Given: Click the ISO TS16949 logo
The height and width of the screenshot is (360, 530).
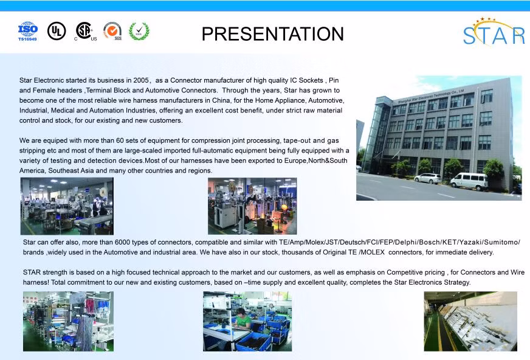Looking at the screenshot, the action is pos(28,32).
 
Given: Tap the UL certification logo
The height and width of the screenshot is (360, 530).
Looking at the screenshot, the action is pos(57,31).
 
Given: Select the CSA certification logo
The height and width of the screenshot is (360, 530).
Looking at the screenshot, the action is pos(84,32).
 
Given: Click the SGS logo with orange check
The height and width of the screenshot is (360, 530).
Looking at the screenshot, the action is pos(112,31).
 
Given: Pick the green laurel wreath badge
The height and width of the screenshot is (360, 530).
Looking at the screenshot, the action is pos(139,31).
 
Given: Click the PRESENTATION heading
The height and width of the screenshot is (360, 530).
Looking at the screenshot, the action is pos(272,34).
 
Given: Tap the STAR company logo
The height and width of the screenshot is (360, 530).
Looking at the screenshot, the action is pos(494,32).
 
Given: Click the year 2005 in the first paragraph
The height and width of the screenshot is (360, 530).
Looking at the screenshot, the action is pos(140,80).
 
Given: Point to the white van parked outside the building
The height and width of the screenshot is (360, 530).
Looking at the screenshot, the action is pos(469,181).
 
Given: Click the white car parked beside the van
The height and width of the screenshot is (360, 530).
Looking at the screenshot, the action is pos(427,178).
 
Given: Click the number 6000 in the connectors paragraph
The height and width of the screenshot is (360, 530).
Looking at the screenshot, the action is pos(122,243).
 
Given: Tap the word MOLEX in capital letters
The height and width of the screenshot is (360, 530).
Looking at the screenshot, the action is pos(372,252).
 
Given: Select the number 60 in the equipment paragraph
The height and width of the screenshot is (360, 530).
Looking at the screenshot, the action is pos(120,140).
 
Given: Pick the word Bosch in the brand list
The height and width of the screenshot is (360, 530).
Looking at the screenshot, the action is pos(429,243).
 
